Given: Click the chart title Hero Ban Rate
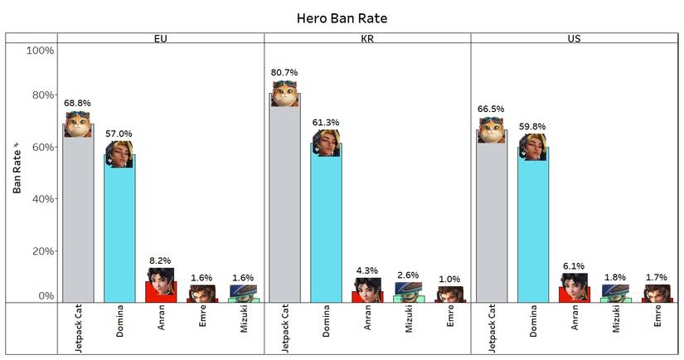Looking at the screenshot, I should pyautogui.click(x=342, y=17).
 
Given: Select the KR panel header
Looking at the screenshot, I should pyautogui.click(x=367, y=38).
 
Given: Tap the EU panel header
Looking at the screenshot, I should pyautogui.click(x=161, y=38).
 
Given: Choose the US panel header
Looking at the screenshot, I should pyautogui.click(x=574, y=38).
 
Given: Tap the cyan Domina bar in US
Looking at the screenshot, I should pyautogui.click(x=532, y=232).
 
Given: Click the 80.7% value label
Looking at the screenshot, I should pyautogui.click(x=284, y=73).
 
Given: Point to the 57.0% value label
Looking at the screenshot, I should pyautogui.click(x=119, y=133).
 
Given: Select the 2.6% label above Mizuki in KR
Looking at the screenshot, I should pyautogui.click(x=409, y=275).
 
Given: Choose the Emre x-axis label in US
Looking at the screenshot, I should pyautogui.click(x=657, y=319).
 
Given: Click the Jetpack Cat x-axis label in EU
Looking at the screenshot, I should pyautogui.click(x=77, y=328).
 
